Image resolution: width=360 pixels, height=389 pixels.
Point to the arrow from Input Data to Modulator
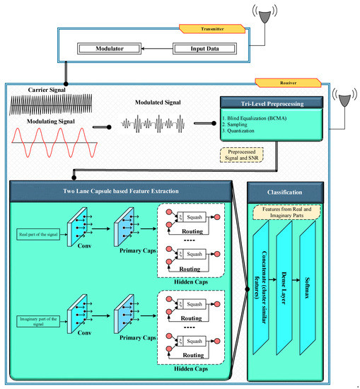coord(156,49)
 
